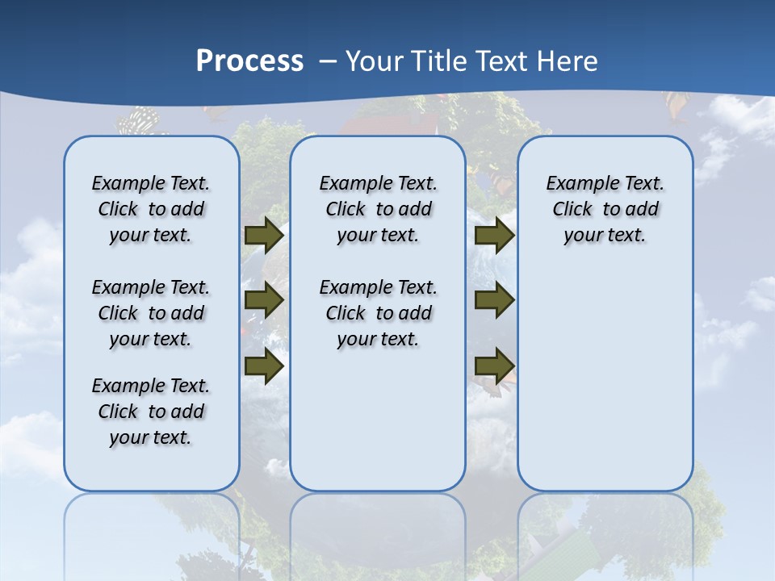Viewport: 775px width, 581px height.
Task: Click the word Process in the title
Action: [x=249, y=61]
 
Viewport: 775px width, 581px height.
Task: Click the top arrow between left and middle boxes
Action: [x=264, y=235]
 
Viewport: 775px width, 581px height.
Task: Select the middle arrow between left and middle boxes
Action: [x=264, y=301]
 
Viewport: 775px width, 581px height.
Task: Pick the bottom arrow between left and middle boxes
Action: [x=264, y=366]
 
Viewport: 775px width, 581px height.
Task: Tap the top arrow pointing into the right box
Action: [x=494, y=235]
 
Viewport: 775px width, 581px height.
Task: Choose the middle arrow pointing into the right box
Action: [x=494, y=301]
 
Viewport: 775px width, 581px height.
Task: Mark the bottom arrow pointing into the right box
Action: [x=494, y=366]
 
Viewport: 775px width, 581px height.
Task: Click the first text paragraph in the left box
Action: [x=151, y=209]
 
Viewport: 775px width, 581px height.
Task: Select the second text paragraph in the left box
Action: [x=151, y=313]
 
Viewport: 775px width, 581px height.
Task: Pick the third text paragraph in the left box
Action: [x=151, y=412]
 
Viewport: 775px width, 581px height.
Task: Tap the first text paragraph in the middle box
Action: [x=378, y=209]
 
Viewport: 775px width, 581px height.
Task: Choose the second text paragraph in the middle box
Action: [x=378, y=313]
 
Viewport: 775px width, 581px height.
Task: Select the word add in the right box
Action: [x=642, y=210]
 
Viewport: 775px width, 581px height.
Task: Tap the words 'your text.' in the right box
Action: [x=605, y=236]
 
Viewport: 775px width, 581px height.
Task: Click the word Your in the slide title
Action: [x=375, y=61]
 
